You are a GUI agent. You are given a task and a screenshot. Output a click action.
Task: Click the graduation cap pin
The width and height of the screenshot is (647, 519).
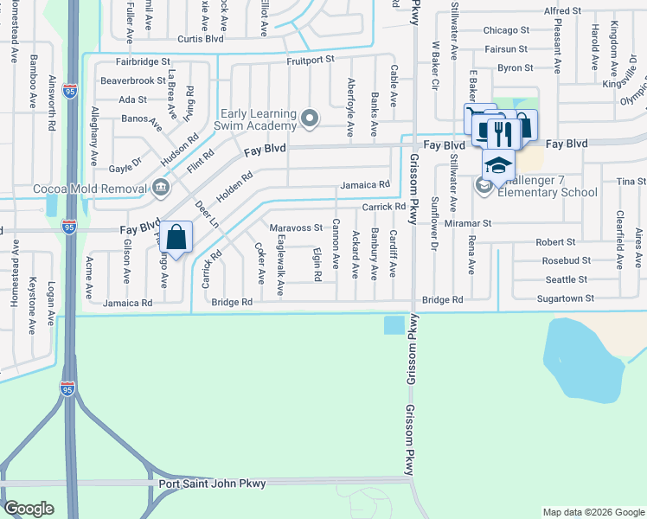[498, 163]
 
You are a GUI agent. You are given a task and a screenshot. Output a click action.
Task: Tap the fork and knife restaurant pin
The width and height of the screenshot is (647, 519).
[499, 131]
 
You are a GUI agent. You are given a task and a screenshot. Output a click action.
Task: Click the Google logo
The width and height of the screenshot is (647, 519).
[29, 509]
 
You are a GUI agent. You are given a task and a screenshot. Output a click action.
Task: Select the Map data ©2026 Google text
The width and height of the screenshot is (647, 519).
[593, 512]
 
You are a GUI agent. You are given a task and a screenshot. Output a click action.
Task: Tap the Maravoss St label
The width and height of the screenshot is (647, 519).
[296, 228]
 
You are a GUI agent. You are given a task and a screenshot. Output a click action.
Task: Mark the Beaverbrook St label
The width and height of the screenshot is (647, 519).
[133, 80]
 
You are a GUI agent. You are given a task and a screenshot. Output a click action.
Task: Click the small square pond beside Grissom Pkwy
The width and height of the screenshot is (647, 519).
[393, 325]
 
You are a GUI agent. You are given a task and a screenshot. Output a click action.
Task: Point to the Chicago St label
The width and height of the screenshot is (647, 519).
[507, 30]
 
